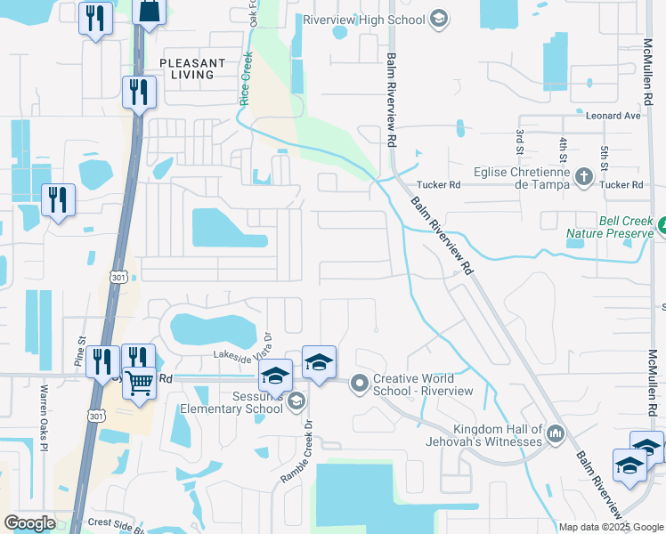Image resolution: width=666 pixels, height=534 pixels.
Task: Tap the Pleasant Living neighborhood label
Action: pyautogui.click(x=187, y=69)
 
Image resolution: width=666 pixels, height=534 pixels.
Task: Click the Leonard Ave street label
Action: pyautogui.click(x=613, y=116)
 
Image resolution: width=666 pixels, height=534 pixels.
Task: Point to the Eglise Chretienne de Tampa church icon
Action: pyautogui.click(x=584, y=175)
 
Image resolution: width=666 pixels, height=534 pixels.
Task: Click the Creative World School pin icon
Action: pyautogui.click(x=360, y=384)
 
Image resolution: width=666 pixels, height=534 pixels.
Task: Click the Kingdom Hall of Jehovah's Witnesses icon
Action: pyautogui.click(x=556, y=433)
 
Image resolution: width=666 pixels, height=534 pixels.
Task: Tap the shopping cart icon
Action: pyautogui.click(x=140, y=384)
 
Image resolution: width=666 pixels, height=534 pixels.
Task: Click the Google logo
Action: pyautogui.click(x=29, y=523)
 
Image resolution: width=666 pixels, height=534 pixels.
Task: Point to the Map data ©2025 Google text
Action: pyautogui.click(x=611, y=527)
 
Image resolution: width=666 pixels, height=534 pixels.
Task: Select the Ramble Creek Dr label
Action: pyautogui.click(x=299, y=451)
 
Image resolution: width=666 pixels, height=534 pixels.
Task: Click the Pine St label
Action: pyautogui.click(x=79, y=351)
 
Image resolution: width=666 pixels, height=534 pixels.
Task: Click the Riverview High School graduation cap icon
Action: pyautogui.click(x=437, y=18)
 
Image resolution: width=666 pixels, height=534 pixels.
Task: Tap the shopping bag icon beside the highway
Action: pyautogui.click(x=150, y=11)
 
